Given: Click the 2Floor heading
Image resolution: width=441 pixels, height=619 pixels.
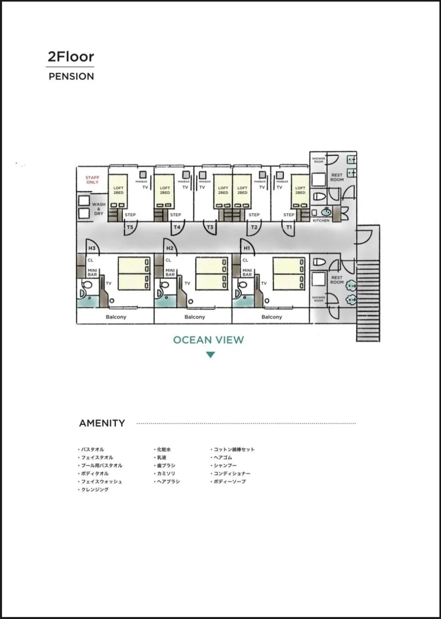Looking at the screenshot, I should tap(71, 56).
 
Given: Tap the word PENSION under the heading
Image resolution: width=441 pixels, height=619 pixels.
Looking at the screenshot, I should tap(71, 76).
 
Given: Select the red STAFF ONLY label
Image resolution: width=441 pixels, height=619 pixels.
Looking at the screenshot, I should tap(92, 180).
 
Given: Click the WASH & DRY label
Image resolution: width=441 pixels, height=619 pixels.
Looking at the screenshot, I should tap(98, 209).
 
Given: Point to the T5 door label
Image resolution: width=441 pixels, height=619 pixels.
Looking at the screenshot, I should tap(130, 227).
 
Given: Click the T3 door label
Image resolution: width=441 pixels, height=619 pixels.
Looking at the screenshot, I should tap(210, 227).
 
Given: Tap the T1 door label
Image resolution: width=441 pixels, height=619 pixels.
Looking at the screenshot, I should tap(289, 227).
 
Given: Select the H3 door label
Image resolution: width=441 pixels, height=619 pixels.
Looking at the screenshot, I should tap(92, 248).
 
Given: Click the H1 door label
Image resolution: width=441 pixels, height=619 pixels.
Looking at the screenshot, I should tap(247, 248).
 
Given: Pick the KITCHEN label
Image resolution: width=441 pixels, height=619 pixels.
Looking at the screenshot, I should tap(321, 220).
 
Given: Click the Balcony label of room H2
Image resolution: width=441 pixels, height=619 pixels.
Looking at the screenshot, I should tap(194, 317).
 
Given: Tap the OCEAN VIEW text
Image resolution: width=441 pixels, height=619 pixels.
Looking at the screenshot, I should tap(208, 340).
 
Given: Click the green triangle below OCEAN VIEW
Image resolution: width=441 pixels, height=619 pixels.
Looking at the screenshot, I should tap(210, 355).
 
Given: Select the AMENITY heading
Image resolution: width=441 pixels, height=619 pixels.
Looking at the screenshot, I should tap(102, 423).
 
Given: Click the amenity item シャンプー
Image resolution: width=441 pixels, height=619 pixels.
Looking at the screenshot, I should tap(225, 465).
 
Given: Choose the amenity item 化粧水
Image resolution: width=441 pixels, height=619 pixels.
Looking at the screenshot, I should tap(164, 449).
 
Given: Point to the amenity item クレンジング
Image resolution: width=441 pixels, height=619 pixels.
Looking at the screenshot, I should tap(95, 489).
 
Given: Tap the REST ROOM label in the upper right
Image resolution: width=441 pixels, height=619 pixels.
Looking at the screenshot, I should tap(337, 177).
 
